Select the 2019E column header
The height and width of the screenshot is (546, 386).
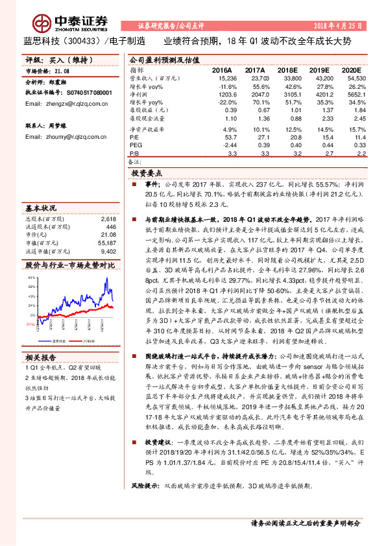pos(320,69)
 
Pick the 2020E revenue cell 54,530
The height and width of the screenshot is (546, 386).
pos(349,77)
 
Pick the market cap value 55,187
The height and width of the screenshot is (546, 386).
pos(108,243)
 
